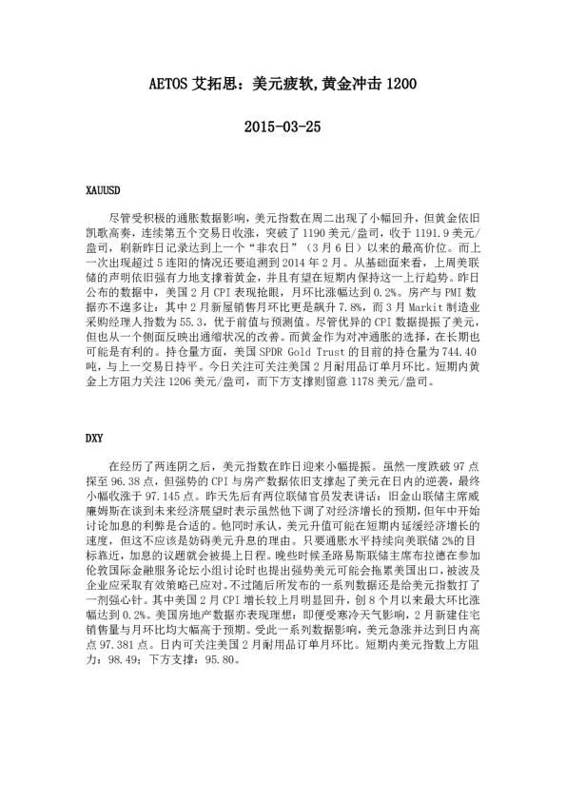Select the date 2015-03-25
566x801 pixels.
click(x=283, y=126)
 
